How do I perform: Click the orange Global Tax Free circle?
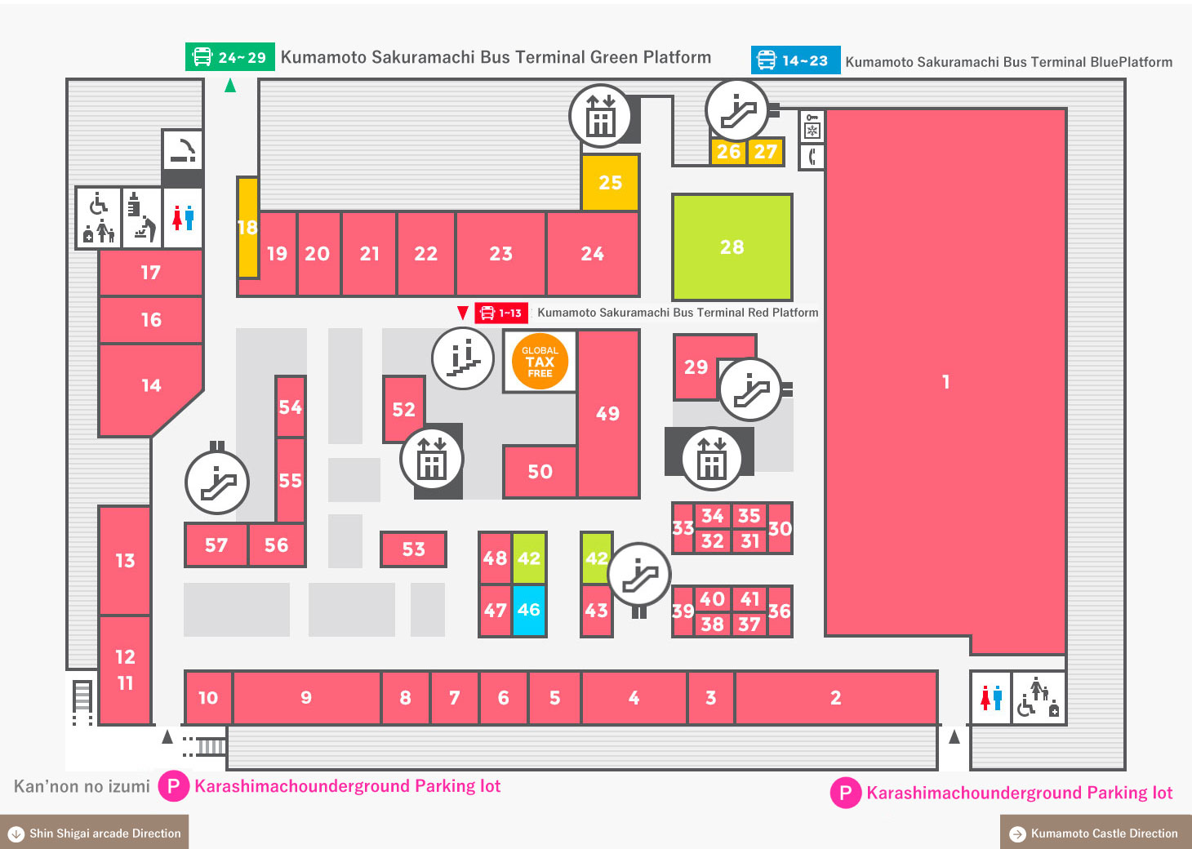click(x=540, y=361)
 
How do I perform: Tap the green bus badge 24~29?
click(x=230, y=57)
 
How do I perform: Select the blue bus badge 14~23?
click(x=795, y=60)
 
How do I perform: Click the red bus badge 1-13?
click(x=501, y=313)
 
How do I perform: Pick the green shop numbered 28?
click(x=732, y=247)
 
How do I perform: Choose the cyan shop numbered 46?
click(x=529, y=610)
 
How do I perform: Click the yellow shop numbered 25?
click(x=610, y=183)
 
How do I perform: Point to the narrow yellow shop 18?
click(x=247, y=227)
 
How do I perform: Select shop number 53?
click(x=413, y=549)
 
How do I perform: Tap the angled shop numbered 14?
click(x=150, y=385)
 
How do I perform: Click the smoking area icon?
click(x=183, y=150)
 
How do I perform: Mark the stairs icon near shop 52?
click(x=462, y=358)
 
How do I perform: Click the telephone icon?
click(x=812, y=157)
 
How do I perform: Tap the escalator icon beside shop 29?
click(x=750, y=389)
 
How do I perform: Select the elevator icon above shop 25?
click(x=600, y=116)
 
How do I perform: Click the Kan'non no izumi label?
click(x=82, y=785)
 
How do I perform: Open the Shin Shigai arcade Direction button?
click(x=94, y=833)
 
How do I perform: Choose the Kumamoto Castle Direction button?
click(x=1096, y=833)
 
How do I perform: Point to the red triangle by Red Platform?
click(x=462, y=313)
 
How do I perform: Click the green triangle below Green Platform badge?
click(x=230, y=85)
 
